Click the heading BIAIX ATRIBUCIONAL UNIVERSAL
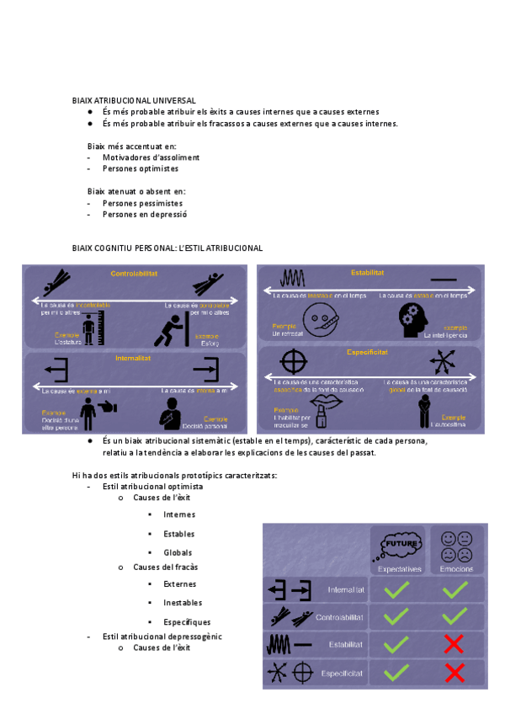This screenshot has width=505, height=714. point(134,100)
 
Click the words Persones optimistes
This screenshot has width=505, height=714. point(140,168)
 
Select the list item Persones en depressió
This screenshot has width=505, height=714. point(144,215)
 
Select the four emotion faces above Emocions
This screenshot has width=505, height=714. point(455,546)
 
